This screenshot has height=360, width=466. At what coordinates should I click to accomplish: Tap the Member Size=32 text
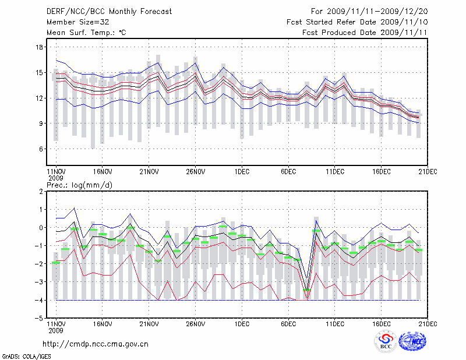(73, 22)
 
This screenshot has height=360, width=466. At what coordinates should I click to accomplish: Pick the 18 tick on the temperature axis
(40, 47)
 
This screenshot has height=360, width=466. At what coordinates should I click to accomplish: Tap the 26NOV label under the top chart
(195, 172)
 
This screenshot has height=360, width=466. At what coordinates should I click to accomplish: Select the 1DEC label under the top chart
(242, 172)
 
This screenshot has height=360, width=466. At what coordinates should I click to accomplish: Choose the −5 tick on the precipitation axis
(40, 319)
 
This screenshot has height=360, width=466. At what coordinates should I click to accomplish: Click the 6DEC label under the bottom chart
(288, 324)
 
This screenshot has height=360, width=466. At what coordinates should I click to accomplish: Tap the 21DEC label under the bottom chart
(428, 324)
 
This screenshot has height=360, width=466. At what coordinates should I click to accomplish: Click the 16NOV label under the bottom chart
(102, 324)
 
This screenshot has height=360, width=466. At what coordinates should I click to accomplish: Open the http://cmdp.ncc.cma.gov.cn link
(96, 344)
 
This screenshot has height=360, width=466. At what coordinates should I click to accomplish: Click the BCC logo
(386, 342)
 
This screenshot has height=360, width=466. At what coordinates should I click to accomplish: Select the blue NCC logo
(413, 341)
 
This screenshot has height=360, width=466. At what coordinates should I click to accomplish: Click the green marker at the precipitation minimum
(308, 290)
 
